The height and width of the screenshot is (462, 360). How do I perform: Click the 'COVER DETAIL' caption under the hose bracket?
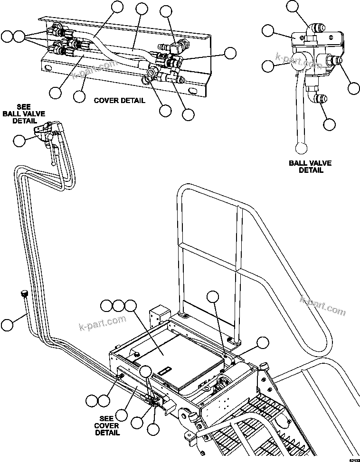click(x=119, y=101)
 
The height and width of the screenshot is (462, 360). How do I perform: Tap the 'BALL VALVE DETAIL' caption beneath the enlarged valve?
click(x=310, y=167)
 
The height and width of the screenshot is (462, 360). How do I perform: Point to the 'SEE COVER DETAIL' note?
click(x=107, y=425)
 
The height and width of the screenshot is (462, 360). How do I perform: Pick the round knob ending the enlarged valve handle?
click(x=302, y=148)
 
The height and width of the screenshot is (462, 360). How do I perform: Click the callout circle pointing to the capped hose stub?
click(x=7, y=325)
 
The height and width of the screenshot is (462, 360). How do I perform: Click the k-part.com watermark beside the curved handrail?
click(x=322, y=305)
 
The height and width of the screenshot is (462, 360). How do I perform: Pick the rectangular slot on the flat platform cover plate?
click(x=165, y=369)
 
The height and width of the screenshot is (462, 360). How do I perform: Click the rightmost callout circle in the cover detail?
click(x=230, y=53)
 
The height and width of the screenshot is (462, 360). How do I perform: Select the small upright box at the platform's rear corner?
click(x=158, y=313)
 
